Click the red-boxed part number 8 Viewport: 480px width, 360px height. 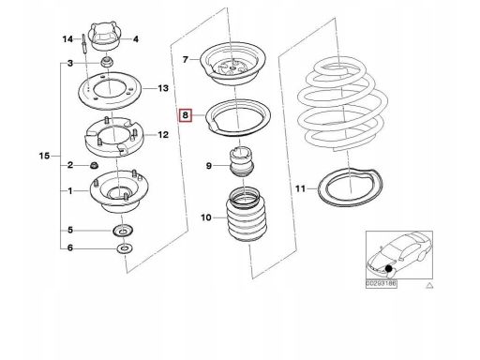click(186, 115)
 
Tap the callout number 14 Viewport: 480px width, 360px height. click(67, 39)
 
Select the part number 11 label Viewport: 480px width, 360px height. click(300, 188)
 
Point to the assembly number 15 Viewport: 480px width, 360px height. click(44, 156)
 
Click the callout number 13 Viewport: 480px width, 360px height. click(163, 88)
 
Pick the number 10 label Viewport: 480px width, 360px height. click(206, 217)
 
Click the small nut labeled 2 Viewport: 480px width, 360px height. click(94, 165)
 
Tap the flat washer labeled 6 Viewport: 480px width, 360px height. click(125, 248)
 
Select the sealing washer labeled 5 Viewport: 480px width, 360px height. click(123, 232)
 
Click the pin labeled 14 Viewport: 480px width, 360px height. click(84, 43)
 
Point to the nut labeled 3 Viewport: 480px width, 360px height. click(107, 62)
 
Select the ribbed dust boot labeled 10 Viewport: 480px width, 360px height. click(247, 215)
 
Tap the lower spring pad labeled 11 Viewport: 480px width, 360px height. click(351, 187)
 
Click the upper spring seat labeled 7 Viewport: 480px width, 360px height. click(232, 65)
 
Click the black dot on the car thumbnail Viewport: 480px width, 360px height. click(389, 268)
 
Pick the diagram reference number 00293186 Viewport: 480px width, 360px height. click(382, 284)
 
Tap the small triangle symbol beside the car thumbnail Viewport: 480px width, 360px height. click(429, 285)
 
